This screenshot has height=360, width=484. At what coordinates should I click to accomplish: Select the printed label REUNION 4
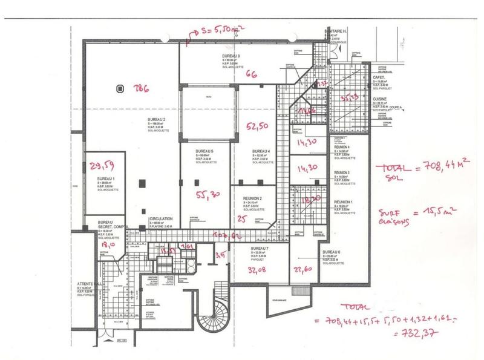point(342,147)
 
